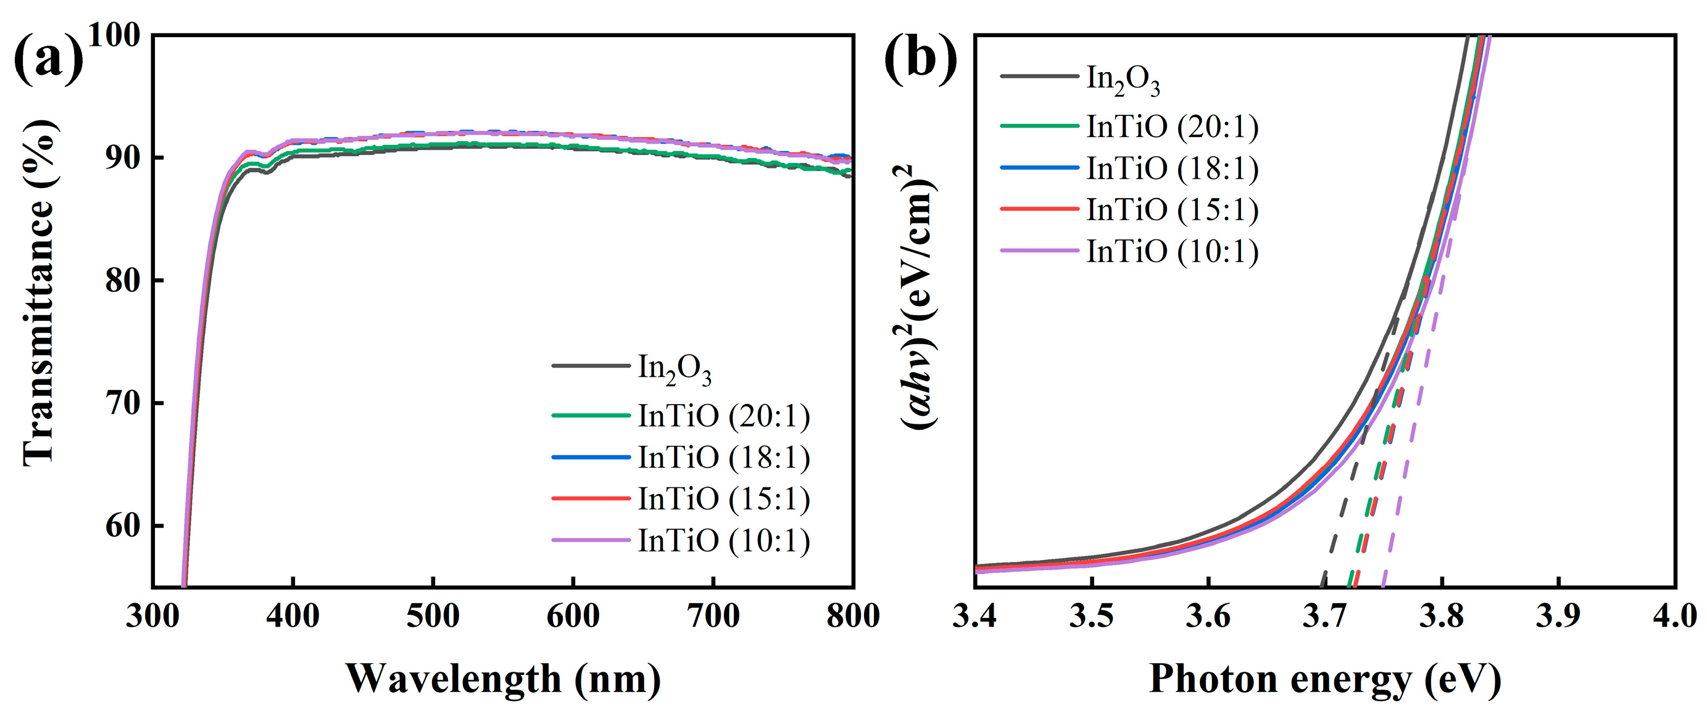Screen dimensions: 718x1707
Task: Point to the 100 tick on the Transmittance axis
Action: (x=114, y=35)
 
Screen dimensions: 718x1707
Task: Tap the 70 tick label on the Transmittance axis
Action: (x=123, y=403)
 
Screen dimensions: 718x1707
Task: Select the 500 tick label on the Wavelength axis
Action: (x=433, y=617)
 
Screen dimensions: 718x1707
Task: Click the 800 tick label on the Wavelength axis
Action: (x=852, y=617)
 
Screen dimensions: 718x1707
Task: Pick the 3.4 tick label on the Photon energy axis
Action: (x=974, y=617)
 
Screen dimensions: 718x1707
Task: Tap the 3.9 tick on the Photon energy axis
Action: (x=1558, y=617)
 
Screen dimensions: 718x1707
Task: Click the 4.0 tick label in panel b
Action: (x=1674, y=617)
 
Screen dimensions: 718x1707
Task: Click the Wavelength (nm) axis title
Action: (x=503, y=679)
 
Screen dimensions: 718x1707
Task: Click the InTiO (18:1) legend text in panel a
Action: (x=724, y=458)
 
